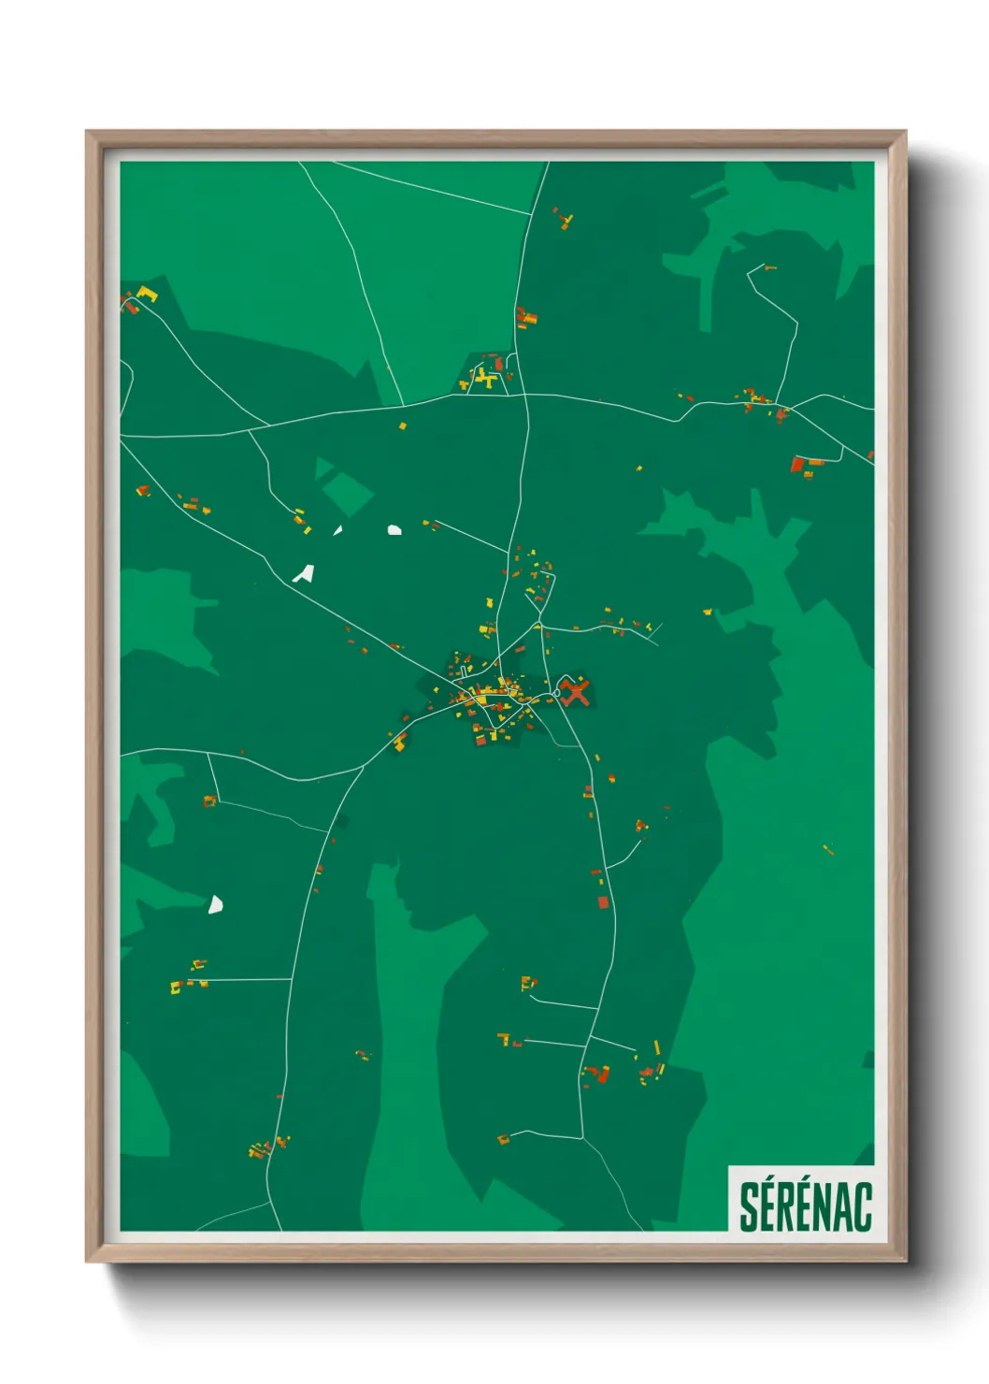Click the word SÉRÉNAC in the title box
[x=805, y=1206]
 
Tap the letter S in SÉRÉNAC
[x=750, y=1206]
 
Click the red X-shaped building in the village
[x=576, y=693]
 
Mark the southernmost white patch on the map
[x=215, y=904]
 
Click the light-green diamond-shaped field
[x=347, y=493]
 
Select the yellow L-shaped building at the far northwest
[x=147, y=295]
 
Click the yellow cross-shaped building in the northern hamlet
[x=483, y=379]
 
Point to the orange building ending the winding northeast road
[x=769, y=268]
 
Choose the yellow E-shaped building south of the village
[x=527, y=983]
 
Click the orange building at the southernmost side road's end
[x=504, y=1139]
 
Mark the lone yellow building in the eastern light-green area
[x=828, y=849]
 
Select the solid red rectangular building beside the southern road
[x=603, y=902]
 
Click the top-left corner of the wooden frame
[x=88, y=133]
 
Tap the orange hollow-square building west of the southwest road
[x=209, y=800]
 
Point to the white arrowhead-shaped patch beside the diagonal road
[x=304, y=573]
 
